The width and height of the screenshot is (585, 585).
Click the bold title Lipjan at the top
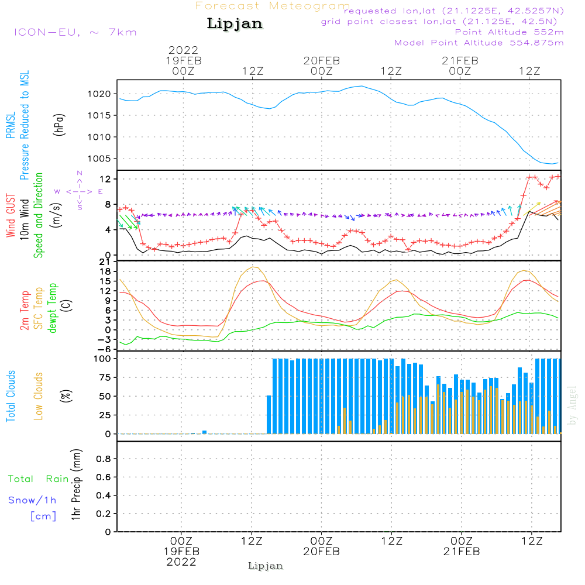click(235, 23)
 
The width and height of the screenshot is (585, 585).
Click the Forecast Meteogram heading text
click(273, 6)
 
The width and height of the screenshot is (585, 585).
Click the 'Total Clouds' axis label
click(11, 396)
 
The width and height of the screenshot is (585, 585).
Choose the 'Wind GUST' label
click(11, 216)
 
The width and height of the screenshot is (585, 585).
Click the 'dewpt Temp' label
click(53, 308)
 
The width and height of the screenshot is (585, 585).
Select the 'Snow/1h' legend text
click(33, 500)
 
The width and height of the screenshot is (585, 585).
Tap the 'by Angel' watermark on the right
click(572, 405)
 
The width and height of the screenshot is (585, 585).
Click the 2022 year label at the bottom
click(181, 562)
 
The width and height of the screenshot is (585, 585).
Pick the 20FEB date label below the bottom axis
click(321, 552)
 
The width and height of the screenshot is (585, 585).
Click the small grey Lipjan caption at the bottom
click(266, 566)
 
